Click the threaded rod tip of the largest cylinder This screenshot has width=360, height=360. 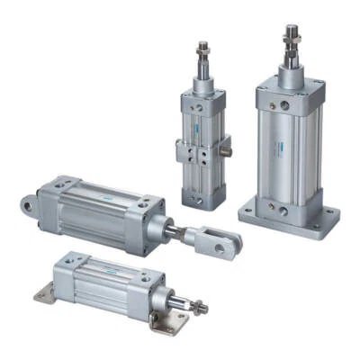291,34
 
